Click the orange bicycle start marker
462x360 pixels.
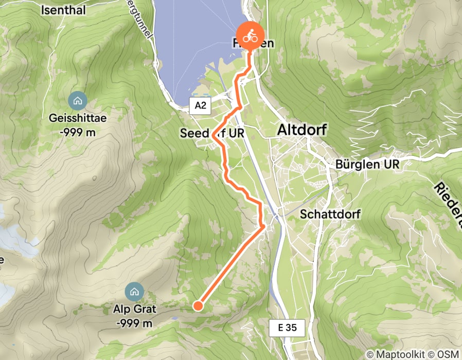pyautogui.click(x=250, y=37)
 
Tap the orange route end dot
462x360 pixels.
pyautogui.click(x=197, y=307)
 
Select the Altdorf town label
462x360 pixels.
pyautogui.click(x=301, y=130)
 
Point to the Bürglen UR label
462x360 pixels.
pyautogui.click(x=367, y=165)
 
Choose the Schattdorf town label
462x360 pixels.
pyautogui.click(x=331, y=213)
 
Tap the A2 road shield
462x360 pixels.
pyautogui.click(x=200, y=106)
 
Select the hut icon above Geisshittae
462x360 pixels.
pyautogui.click(x=78, y=100)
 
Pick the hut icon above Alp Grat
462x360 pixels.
pyautogui.click(x=134, y=292)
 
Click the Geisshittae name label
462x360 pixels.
pyautogui.click(x=78, y=118)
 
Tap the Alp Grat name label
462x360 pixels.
pyautogui.click(x=134, y=310)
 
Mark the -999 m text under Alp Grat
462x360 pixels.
pyautogui.click(x=134, y=323)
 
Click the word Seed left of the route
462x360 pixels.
pyautogui.click(x=192, y=133)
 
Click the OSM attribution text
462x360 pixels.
pyautogui.click(x=448, y=354)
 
